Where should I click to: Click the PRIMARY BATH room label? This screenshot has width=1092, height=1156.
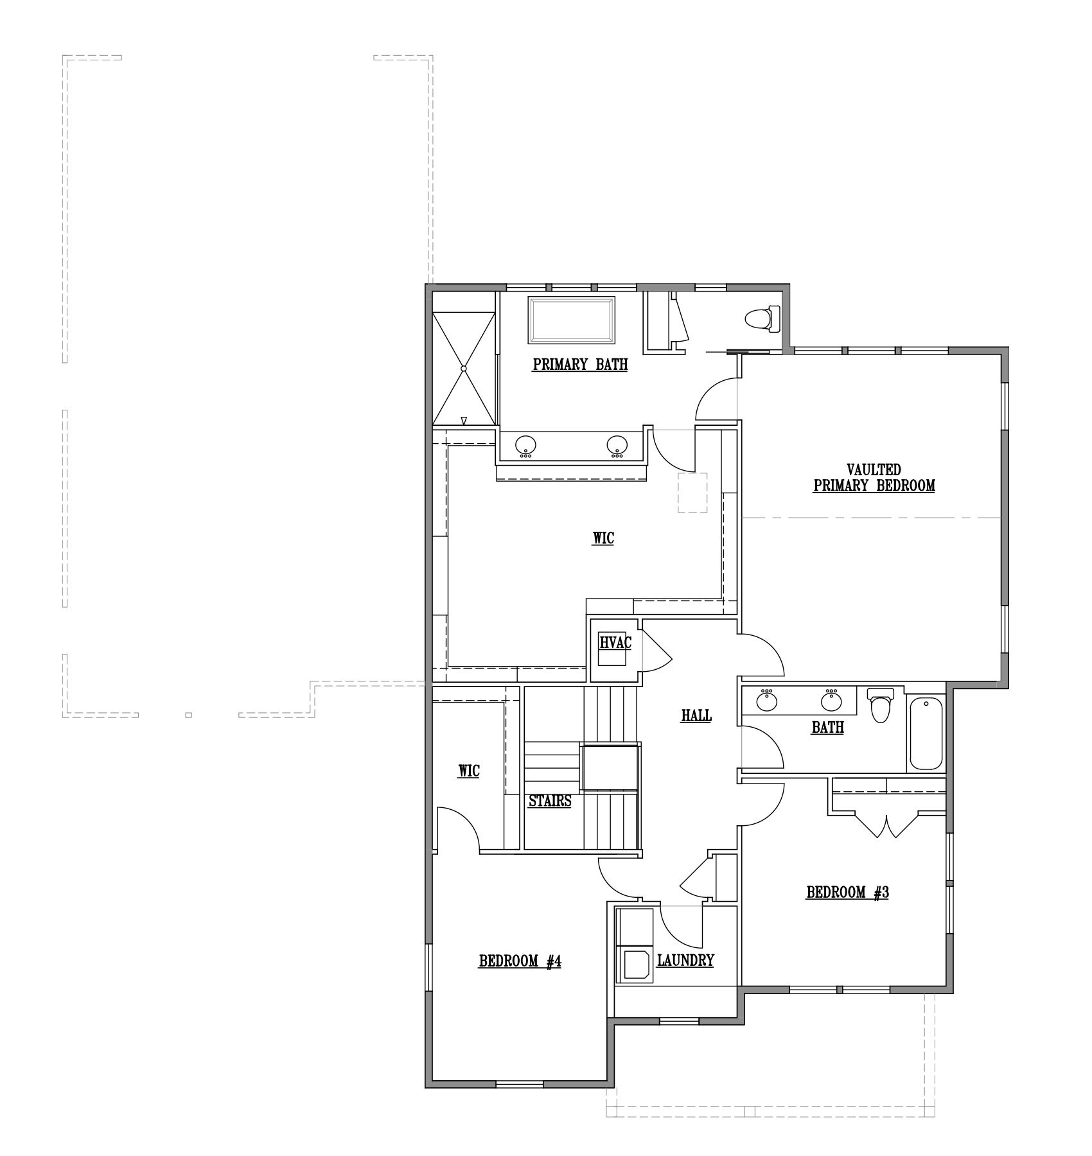[x=580, y=365]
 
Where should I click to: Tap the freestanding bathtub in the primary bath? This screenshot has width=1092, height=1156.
[x=572, y=320]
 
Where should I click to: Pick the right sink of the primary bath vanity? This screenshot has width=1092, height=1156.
[x=617, y=446]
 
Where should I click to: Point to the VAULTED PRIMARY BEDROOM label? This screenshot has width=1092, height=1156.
[x=874, y=478]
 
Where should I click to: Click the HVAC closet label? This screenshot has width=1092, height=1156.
[x=616, y=642]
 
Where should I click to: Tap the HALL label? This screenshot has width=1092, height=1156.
[x=696, y=715]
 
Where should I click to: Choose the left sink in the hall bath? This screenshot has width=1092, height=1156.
[x=766, y=699]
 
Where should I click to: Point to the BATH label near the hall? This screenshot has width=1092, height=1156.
[x=827, y=727]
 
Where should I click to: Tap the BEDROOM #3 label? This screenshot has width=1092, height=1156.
[x=847, y=892]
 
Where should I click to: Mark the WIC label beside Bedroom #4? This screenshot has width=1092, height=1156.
[x=468, y=771]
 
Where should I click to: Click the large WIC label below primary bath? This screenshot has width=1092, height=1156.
[x=603, y=538]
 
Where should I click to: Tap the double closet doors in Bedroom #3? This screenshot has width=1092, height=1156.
[x=886, y=825]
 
